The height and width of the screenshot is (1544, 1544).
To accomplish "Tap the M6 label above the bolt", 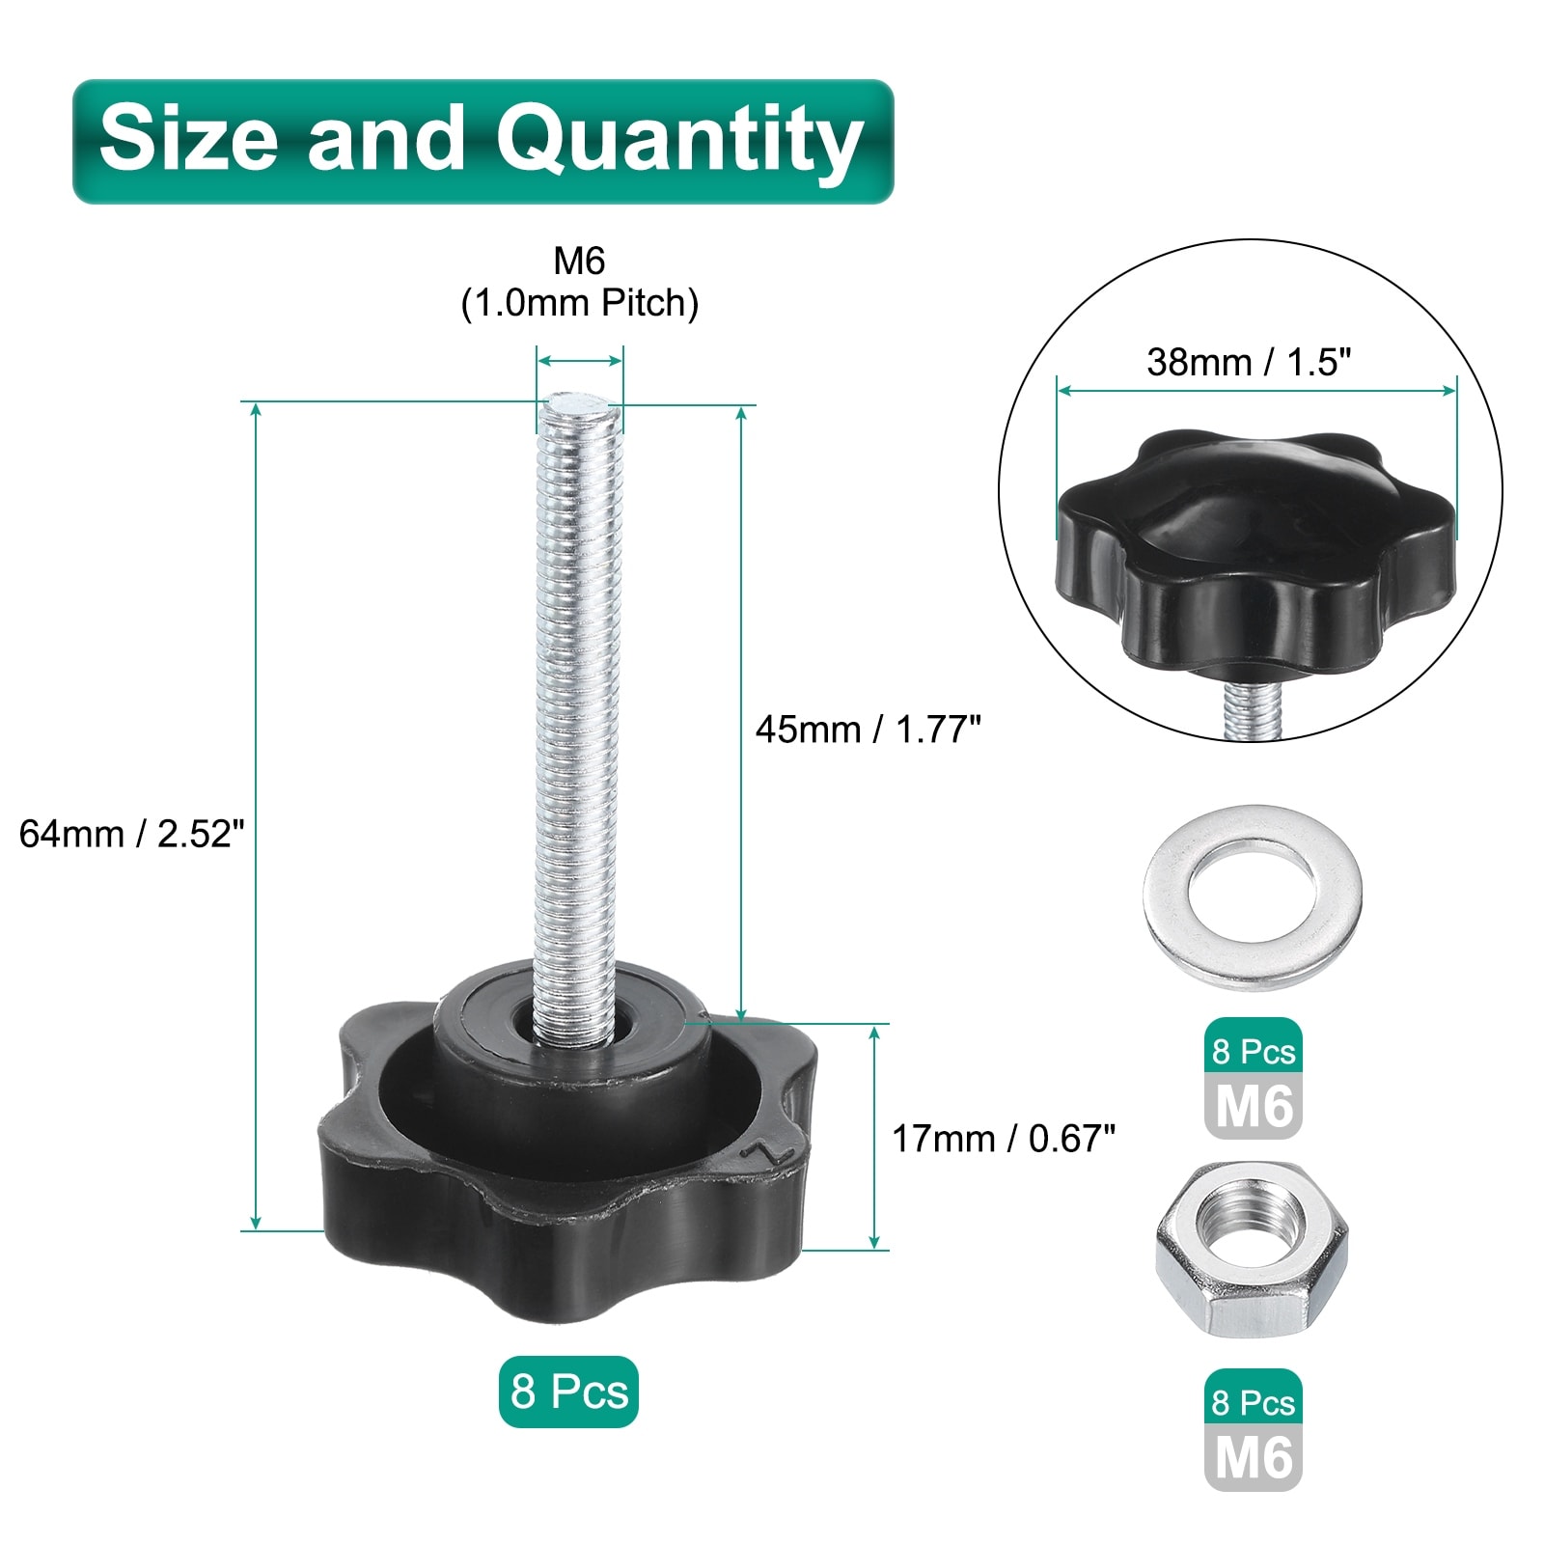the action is (579, 261).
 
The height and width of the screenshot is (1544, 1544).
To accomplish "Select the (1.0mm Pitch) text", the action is (579, 303).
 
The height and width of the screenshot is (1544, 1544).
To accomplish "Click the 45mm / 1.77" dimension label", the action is (868, 730).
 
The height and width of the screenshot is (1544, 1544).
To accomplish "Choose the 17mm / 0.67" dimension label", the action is (1004, 1139).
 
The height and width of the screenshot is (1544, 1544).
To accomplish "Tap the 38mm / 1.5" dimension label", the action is (1249, 362).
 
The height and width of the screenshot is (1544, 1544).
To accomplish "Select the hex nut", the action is (1252, 1249).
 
